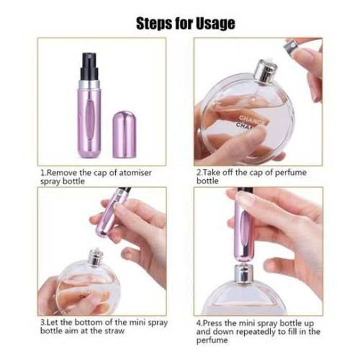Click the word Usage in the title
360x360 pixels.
coord(215,24)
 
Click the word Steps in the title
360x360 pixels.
coord(154,23)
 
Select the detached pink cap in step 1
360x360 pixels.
coord(124,135)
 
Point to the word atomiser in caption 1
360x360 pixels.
coord(135,173)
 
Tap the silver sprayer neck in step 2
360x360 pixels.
coord(265,71)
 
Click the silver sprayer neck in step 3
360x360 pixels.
coord(95,257)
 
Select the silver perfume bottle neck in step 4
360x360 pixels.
coord(244,274)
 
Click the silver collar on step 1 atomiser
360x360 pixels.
coord(89,85)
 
